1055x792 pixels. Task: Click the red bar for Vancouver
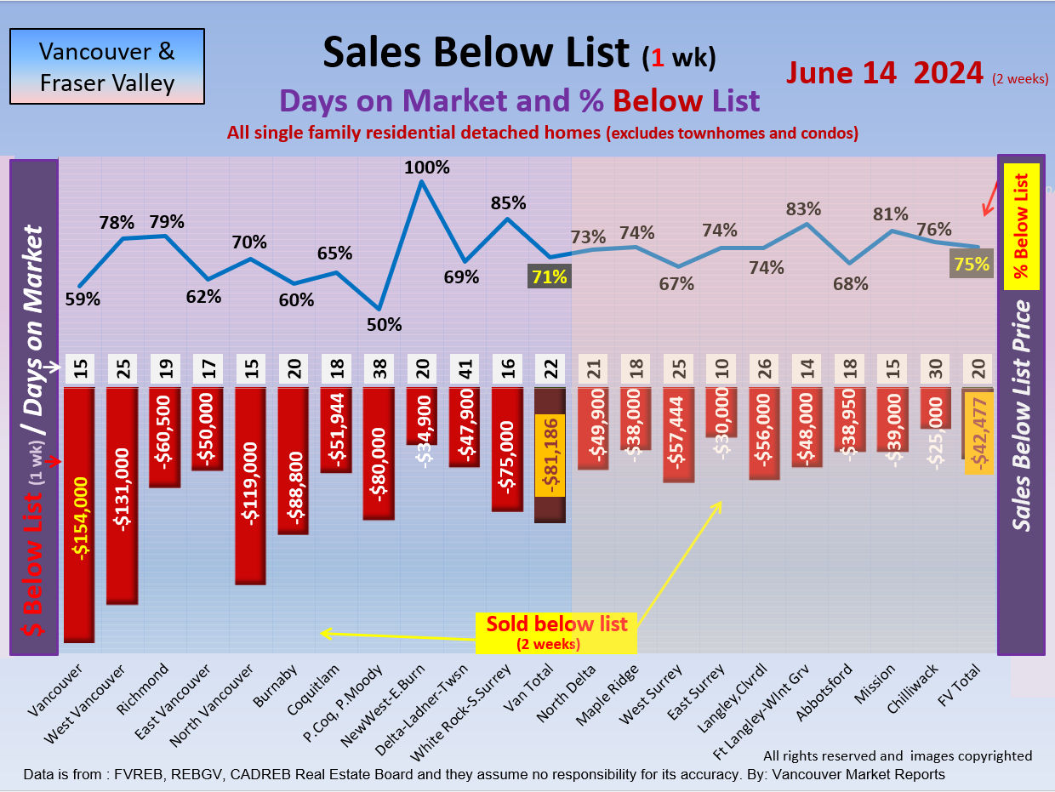click(x=79, y=515)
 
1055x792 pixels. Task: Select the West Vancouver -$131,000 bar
click(x=122, y=496)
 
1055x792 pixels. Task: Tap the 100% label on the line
click(x=427, y=168)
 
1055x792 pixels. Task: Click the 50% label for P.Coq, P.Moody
click(x=384, y=324)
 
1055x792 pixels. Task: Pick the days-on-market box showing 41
click(x=465, y=370)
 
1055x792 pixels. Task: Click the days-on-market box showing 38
click(x=379, y=370)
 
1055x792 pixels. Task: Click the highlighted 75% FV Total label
click(x=972, y=265)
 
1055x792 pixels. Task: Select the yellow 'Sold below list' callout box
click(x=556, y=631)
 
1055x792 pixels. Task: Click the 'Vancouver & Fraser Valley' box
click(x=107, y=66)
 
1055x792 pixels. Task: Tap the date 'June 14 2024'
click(x=885, y=73)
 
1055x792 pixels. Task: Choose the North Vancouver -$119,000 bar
click(x=250, y=486)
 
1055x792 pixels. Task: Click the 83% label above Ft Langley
click(x=803, y=208)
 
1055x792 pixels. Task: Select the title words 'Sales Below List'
click(x=476, y=53)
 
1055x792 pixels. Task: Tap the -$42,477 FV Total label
click(x=978, y=434)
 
